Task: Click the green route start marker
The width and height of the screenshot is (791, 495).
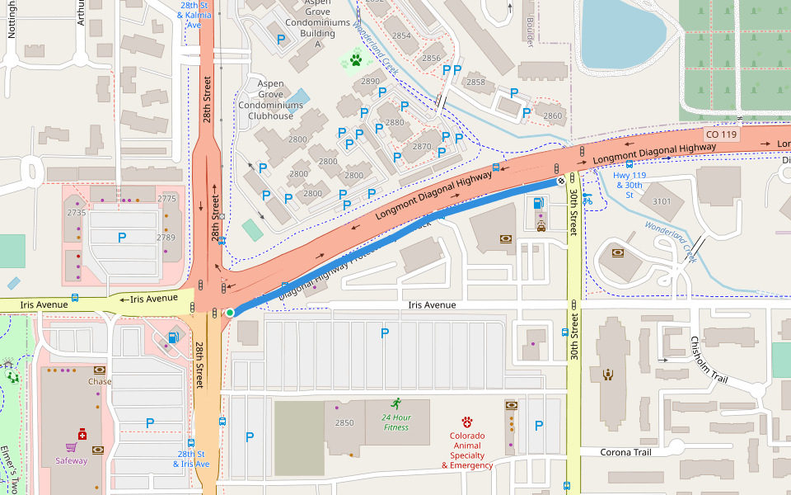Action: pos(230,313)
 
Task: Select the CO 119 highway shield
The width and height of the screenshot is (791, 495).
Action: pos(723,133)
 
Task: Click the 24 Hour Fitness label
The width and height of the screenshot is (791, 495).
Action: pos(395,422)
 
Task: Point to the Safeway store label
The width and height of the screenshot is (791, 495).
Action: pos(71,460)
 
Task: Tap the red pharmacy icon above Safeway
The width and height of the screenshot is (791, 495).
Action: pos(82,434)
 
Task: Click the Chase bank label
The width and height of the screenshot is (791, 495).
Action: pos(100,381)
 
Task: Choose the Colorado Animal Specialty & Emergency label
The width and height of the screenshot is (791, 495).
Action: pos(467,450)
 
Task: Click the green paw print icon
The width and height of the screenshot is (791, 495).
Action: pos(355,60)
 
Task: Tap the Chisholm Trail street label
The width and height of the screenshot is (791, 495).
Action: pos(708,359)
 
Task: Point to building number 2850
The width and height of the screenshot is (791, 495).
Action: pos(344,423)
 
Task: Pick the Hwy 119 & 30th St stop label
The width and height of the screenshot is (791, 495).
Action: pos(628,185)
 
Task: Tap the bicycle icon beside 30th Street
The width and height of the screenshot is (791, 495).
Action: pos(587,199)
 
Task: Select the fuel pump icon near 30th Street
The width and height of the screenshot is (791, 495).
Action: pos(539,203)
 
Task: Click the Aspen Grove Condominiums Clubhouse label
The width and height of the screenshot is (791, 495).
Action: pos(265,100)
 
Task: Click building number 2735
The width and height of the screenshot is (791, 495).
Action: pos(77,213)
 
